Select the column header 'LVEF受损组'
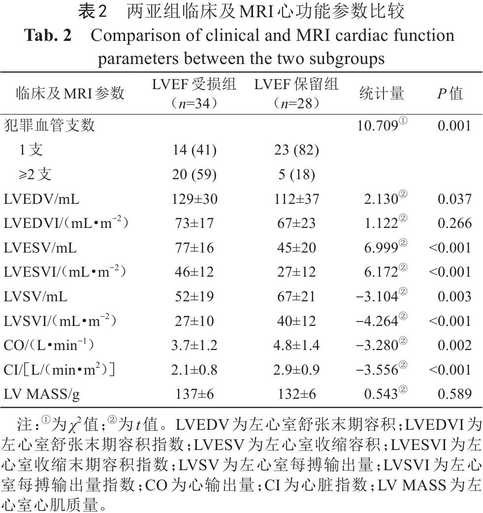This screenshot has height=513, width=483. [x=194, y=84]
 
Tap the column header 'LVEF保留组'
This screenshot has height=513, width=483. [x=296, y=84]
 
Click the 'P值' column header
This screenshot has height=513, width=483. [x=450, y=93]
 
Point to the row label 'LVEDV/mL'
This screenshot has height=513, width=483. [x=41, y=199]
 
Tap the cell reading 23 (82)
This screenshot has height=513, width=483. [x=296, y=150]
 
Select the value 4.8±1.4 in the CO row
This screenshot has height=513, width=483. [x=296, y=345]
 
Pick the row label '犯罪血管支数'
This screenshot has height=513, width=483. [x=49, y=126]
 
